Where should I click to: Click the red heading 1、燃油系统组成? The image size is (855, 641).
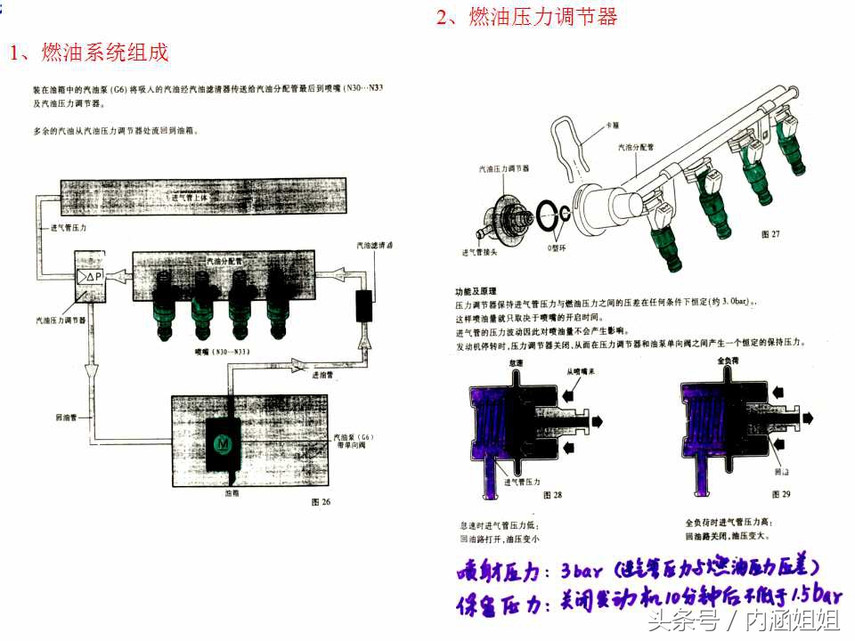click(88, 53)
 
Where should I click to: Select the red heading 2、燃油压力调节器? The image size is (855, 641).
click(526, 17)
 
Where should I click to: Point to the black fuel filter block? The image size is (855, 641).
click(363, 304)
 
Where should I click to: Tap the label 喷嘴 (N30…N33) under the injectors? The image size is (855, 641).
click(221, 352)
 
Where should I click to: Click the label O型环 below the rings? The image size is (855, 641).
click(558, 247)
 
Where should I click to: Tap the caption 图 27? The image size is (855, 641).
click(770, 234)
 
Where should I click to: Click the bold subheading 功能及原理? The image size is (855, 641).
click(475, 291)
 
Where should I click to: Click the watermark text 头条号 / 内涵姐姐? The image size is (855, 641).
click(743, 621)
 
